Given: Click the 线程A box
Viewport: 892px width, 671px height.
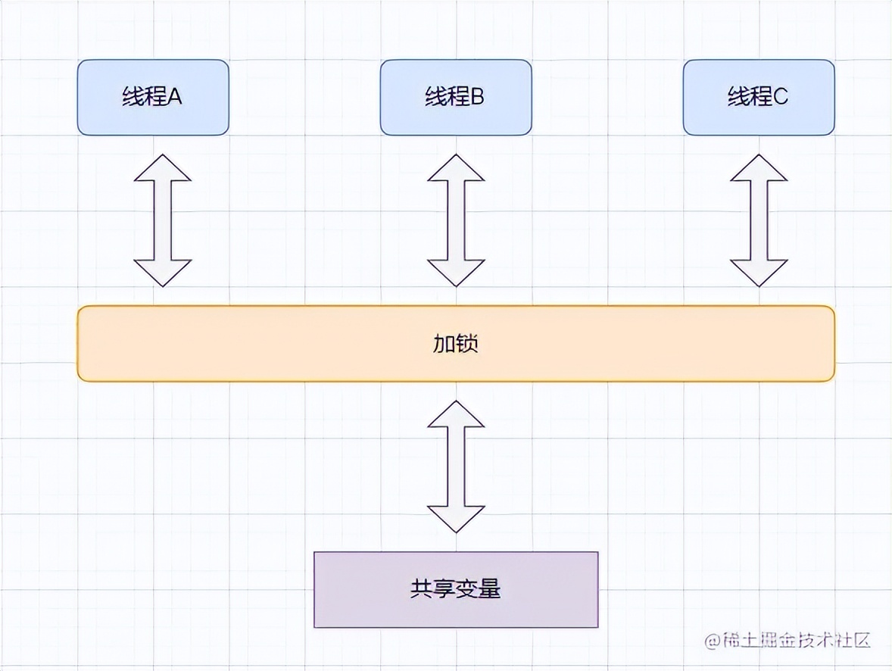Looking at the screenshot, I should point(153,98).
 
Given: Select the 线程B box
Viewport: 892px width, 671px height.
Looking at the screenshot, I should point(455,98).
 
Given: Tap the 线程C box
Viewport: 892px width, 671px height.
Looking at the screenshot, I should point(758,98).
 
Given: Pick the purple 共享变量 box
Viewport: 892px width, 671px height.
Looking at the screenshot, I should point(455,590).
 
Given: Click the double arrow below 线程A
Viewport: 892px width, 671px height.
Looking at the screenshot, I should point(162,220).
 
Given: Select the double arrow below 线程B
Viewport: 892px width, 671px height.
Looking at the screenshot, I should point(455,220).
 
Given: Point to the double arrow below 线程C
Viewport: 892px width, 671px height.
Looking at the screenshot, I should point(758,220).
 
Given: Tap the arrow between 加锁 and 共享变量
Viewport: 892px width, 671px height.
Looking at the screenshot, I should point(455,467).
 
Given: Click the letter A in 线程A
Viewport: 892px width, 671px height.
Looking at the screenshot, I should point(175,98).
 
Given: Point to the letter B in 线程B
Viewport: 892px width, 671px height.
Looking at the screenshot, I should point(477,98).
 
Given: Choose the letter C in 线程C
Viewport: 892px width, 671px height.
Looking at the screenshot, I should point(781,98).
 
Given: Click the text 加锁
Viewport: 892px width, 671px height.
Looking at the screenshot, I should point(455,344).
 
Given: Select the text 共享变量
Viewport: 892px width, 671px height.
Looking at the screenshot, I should point(455,590).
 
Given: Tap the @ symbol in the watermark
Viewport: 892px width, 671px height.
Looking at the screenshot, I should point(711,641).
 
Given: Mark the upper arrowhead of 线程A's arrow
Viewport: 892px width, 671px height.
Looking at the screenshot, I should point(162,168).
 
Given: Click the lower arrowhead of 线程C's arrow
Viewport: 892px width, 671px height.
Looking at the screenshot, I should point(758,273).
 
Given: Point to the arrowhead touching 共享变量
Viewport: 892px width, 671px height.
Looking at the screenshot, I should point(455,519).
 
